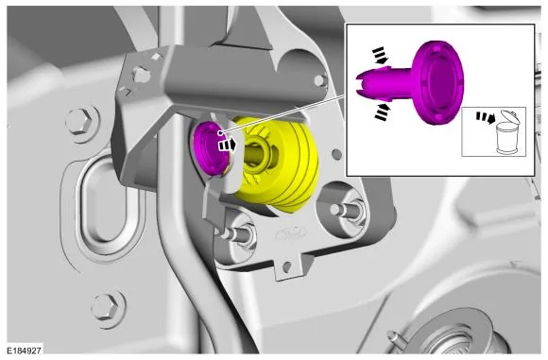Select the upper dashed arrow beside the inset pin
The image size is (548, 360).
(x=379, y=56)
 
